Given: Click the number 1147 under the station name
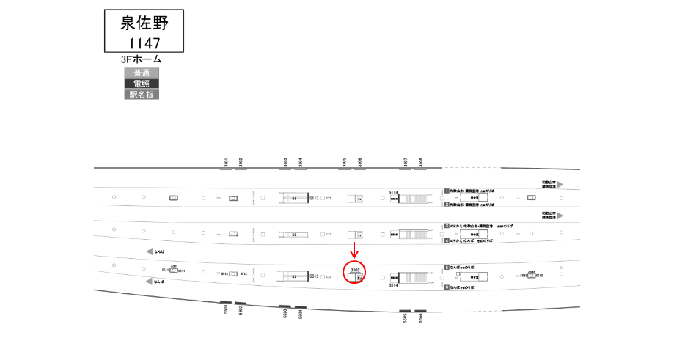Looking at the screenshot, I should (144, 43).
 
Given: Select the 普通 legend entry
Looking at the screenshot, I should (142, 73).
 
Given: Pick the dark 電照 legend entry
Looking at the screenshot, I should (142, 84).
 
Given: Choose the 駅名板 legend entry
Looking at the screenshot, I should (142, 95).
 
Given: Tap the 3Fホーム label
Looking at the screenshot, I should (141, 59).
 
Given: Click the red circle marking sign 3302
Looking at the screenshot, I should (355, 272).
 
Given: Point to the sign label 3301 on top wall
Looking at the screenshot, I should (227, 163).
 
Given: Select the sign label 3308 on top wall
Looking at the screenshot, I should (420, 163).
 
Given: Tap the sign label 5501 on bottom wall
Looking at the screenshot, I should (226, 310).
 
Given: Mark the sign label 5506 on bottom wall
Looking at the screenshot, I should (421, 317).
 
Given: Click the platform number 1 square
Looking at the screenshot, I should (446, 191).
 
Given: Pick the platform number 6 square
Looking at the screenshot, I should (446, 288).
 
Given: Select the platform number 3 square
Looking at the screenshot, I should (446, 227).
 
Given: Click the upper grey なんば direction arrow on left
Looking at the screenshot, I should (150, 251).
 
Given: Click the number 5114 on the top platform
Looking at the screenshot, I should (392, 192).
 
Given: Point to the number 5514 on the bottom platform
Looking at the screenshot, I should (392, 287).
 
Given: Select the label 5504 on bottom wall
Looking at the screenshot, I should (300, 313).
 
